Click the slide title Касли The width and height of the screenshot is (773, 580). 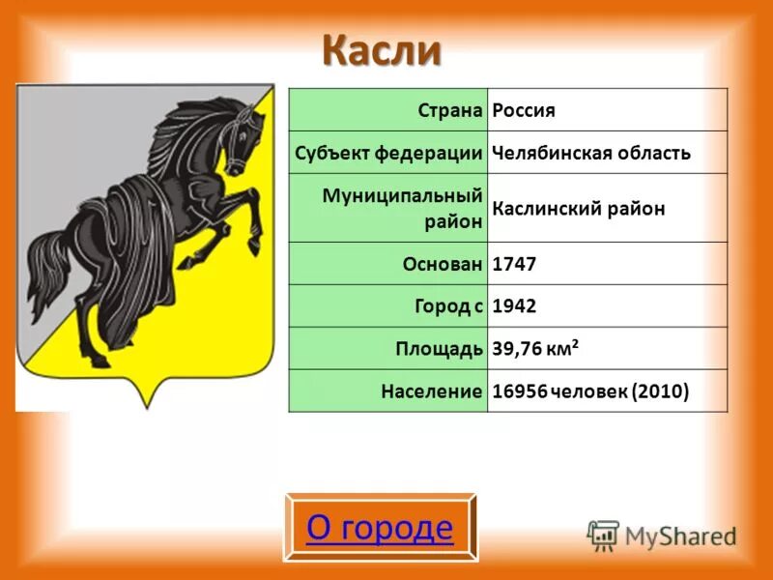[x=381, y=50]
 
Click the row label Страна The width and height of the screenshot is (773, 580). [x=449, y=110]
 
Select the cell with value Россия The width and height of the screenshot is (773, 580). [x=524, y=110]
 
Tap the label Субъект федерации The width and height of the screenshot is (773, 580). [x=389, y=153]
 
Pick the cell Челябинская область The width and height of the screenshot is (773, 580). [x=591, y=153]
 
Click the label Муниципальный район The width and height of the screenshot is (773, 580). [x=403, y=208]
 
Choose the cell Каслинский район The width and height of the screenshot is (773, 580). [x=579, y=209]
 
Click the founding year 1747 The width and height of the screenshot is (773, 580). [x=514, y=263]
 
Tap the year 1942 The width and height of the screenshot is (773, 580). [x=514, y=305]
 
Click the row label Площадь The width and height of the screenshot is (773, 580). [x=439, y=349]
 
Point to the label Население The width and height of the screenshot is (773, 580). [x=431, y=391]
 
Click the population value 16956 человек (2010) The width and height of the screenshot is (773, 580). [x=590, y=391]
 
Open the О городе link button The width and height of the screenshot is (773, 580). [x=380, y=528]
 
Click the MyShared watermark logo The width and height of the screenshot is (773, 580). [x=662, y=535]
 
